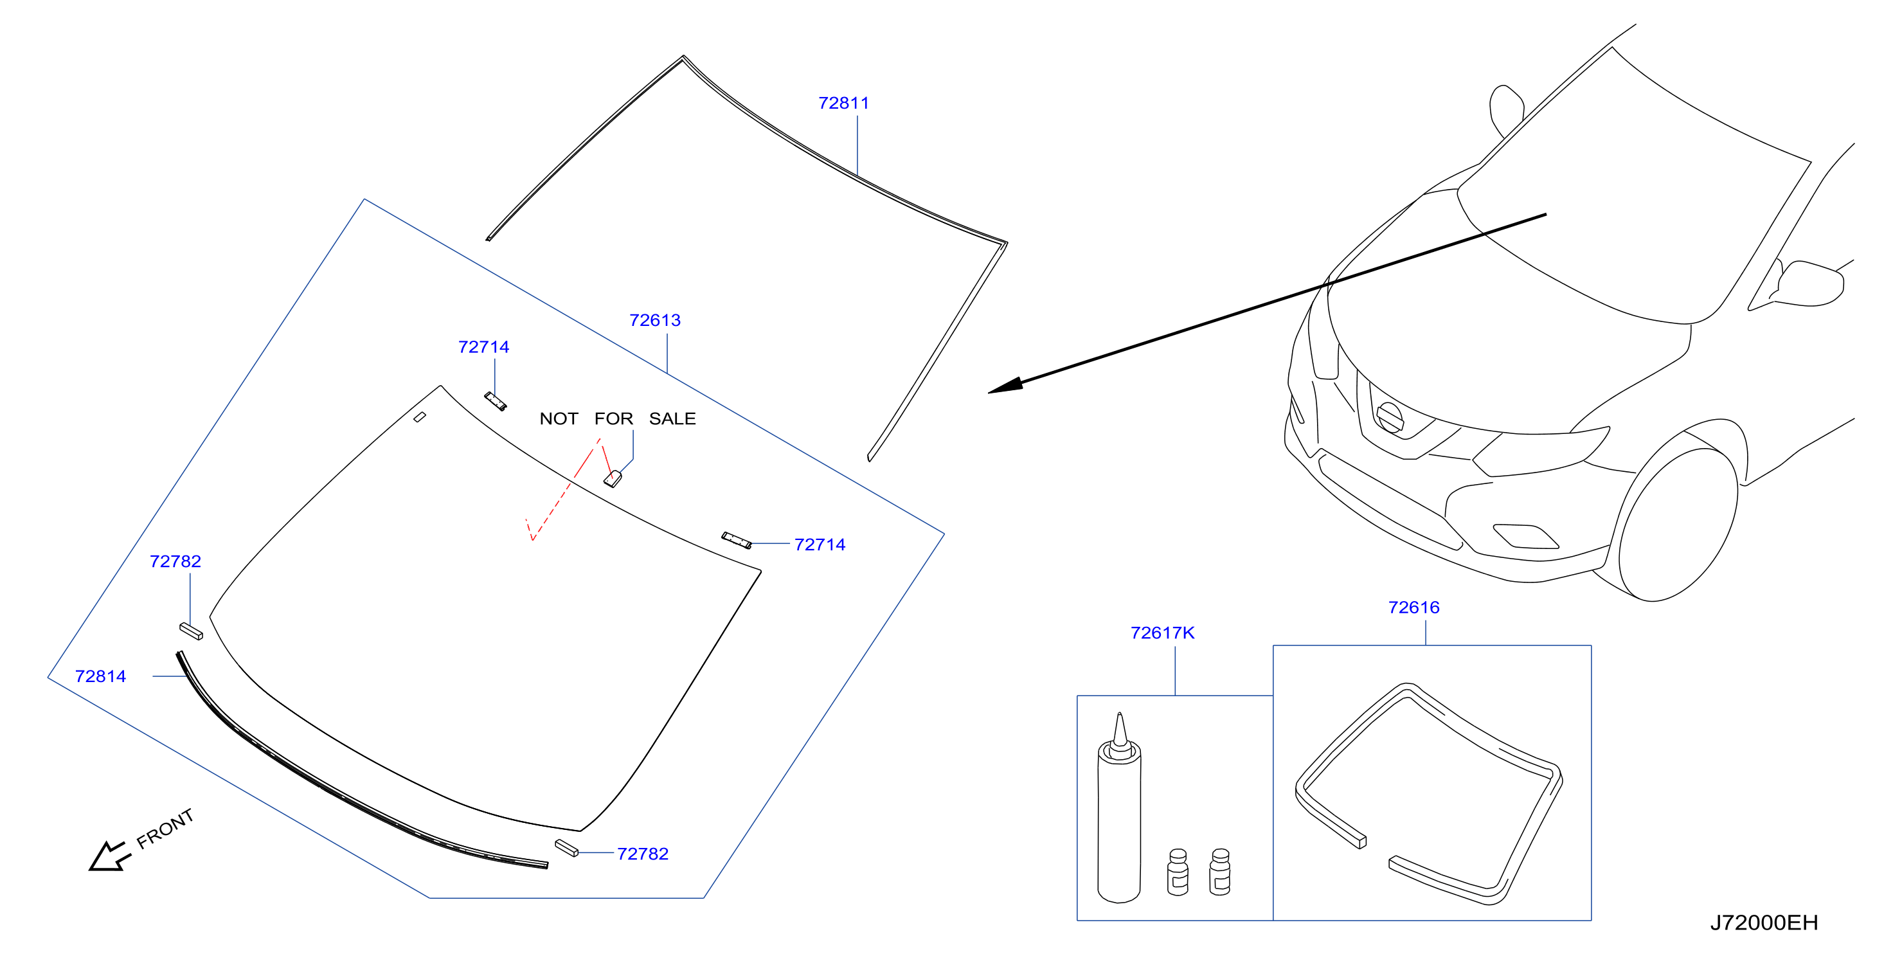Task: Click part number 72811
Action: pyautogui.click(x=843, y=104)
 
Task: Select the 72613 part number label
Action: pyautogui.click(x=654, y=320)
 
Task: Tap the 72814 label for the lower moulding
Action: pyautogui.click(x=100, y=676)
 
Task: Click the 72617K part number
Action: pyautogui.click(x=1162, y=633)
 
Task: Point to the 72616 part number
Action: pyautogui.click(x=1413, y=607)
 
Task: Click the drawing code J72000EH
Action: pyautogui.click(x=1764, y=923)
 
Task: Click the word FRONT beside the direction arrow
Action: pyautogui.click(x=165, y=828)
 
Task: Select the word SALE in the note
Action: pyautogui.click(x=672, y=419)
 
